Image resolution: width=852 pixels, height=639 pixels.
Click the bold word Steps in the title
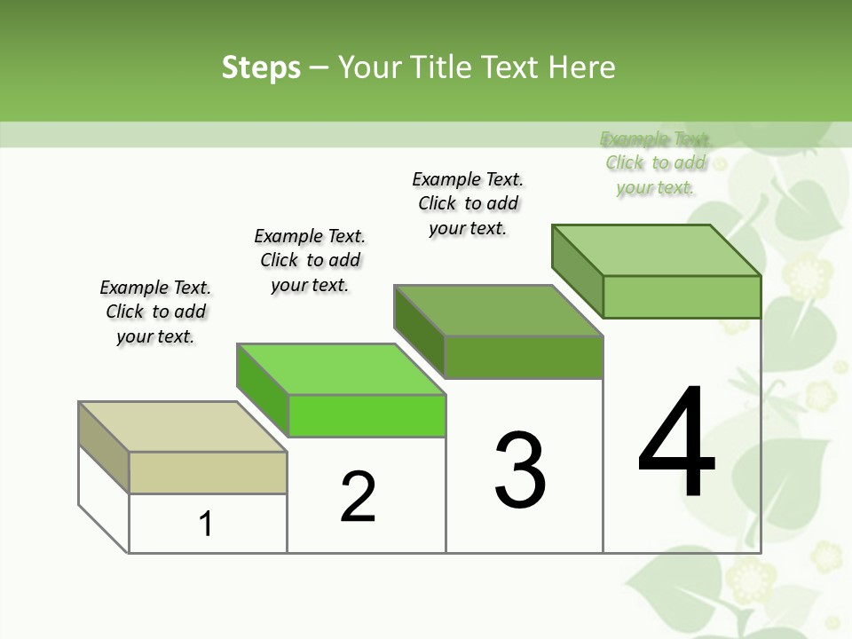coord(261,67)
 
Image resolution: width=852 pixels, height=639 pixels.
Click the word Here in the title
coord(581,67)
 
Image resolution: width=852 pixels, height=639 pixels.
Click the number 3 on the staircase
coord(520,470)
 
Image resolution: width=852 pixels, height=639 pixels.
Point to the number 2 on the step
coord(358,497)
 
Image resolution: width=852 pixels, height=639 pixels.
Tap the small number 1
coord(206,524)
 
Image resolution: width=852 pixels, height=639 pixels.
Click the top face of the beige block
coord(183,427)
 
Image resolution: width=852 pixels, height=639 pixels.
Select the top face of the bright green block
coord(341,369)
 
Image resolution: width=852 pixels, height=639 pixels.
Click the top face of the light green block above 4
coord(657,250)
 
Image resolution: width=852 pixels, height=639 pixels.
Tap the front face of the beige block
coord(208,472)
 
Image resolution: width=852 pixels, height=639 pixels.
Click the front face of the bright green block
coord(367,415)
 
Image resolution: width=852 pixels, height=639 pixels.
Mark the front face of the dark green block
coord(524,357)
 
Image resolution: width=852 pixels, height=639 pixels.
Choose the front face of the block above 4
coord(682,296)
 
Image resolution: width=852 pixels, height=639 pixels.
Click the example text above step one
coord(155,312)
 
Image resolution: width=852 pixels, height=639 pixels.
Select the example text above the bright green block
coord(310,260)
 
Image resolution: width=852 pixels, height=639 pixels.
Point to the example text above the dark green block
coord(468,203)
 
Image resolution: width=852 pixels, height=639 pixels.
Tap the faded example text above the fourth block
coord(655,162)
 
